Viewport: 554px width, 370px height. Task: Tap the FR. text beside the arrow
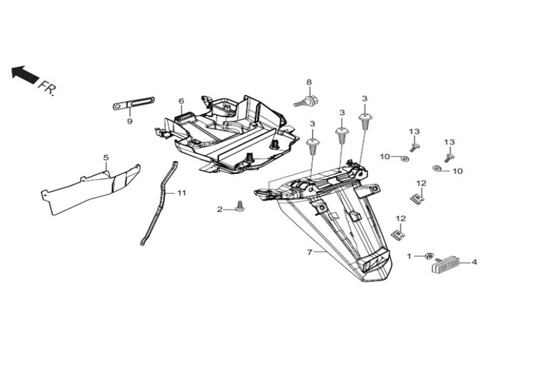pyautogui.click(x=47, y=89)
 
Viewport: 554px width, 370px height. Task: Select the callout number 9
pyautogui.click(x=130, y=121)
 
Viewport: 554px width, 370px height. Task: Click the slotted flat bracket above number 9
pyautogui.click(x=134, y=103)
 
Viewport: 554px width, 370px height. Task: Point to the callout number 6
pyautogui.click(x=181, y=101)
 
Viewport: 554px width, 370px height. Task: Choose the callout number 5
pyautogui.click(x=106, y=157)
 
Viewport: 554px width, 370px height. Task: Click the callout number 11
pyautogui.click(x=181, y=193)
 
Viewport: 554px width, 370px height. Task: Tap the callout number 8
pyautogui.click(x=309, y=82)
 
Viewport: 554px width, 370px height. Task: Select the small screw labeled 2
pyautogui.click(x=241, y=206)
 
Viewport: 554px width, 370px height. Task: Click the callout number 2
pyautogui.click(x=220, y=210)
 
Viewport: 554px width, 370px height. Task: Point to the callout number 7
pyautogui.click(x=310, y=252)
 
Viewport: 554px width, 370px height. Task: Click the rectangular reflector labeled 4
pyautogui.click(x=448, y=265)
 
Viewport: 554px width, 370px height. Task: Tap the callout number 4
pyautogui.click(x=474, y=262)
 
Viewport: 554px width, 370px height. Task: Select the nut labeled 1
pyautogui.click(x=429, y=256)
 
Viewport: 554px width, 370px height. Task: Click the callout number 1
pyautogui.click(x=409, y=256)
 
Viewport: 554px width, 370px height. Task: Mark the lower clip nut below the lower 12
pyautogui.click(x=398, y=234)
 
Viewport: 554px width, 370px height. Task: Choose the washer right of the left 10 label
pyautogui.click(x=404, y=158)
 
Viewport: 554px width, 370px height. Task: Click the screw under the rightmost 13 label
pyautogui.click(x=449, y=157)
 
